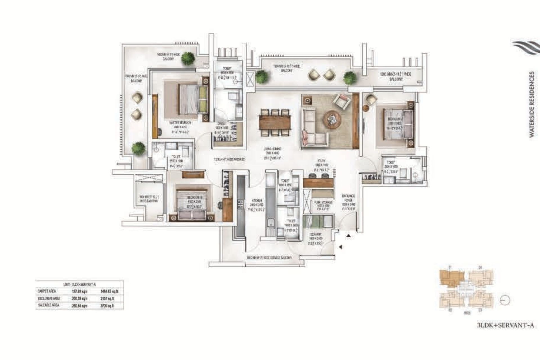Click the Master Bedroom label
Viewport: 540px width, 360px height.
(x=180, y=123)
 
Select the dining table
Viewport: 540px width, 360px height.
(x=275, y=123)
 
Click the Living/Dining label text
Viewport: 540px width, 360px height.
(x=273, y=149)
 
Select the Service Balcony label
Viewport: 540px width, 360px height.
(x=269, y=257)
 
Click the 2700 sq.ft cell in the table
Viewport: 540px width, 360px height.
(x=107, y=305)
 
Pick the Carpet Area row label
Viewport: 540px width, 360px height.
(x=47, y=291)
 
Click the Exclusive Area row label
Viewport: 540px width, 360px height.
(x=49, y=298)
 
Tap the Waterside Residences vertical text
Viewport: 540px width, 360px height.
(x=531, y=104)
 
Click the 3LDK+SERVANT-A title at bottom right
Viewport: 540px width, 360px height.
(x=505, y=325)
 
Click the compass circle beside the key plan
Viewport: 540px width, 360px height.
(x=505, y=300)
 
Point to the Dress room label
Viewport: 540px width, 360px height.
(x=221, y=123)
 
